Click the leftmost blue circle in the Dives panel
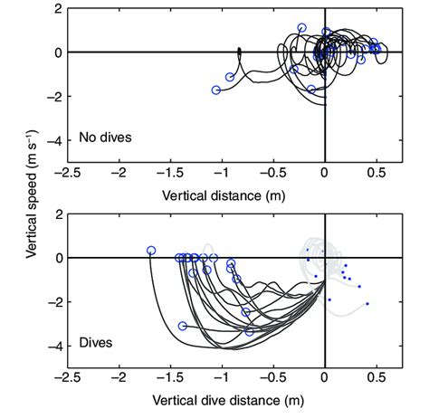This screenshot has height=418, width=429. click(x=151, y=251)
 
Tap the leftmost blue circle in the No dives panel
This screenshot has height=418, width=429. click(x=216, y=90)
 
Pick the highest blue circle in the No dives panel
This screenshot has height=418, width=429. click(x=302, y=28)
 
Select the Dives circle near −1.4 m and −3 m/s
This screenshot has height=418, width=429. click(x=183, y=326)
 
